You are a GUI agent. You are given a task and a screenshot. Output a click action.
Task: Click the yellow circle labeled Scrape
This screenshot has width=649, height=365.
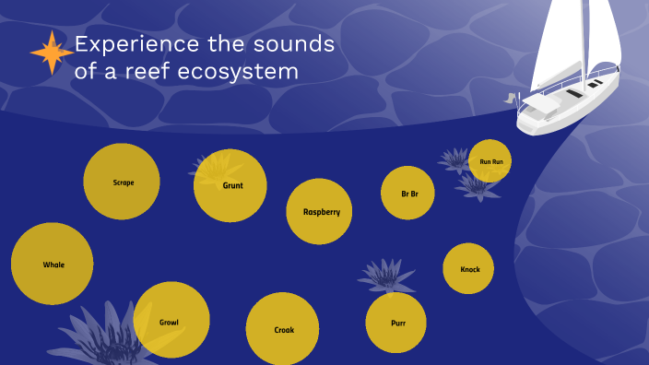[123, 182]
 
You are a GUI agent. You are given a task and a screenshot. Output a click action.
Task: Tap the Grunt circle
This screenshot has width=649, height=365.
[230, 185]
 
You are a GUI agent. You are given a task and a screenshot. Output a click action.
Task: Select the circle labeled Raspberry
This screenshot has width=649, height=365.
[320, 212]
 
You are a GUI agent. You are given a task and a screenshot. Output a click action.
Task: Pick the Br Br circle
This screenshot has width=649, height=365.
[407, 193]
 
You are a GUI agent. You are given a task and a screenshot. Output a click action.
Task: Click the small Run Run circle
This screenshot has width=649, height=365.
[490, 161]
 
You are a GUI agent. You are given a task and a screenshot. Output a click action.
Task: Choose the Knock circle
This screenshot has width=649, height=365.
[469, 269]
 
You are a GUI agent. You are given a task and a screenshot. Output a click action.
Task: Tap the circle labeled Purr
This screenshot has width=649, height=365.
[395, 323]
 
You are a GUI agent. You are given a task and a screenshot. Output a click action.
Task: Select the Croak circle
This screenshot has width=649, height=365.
[282, 329]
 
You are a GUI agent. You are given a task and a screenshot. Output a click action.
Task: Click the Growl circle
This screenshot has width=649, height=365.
[171, 321]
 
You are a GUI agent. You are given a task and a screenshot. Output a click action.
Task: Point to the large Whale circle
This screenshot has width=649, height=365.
[53, 264]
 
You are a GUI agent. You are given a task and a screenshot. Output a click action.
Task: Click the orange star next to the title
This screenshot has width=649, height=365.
[51, 53]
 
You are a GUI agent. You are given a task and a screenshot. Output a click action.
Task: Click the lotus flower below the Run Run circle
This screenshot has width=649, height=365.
[477, 187]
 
